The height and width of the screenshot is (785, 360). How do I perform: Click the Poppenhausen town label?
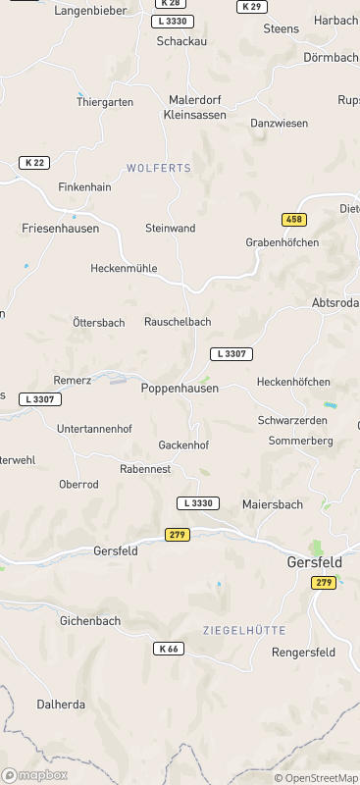[x=179, y=389]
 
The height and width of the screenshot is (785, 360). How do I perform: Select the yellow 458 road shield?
[x=293, y=220]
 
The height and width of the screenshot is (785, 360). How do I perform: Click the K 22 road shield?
[x=34, y=163]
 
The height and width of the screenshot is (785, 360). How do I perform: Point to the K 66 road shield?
[x=169, y=649]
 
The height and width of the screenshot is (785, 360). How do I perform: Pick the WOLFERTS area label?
[x=159, y=169]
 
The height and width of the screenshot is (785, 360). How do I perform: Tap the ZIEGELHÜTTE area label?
[x=244, y=629]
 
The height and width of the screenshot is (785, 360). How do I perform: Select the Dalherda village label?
[x=61, y=705]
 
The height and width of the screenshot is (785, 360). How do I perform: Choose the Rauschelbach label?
[x=178, y=322]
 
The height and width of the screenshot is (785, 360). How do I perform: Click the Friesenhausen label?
[x=60, y=228]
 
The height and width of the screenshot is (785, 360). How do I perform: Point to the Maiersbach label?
[x=273, y=504]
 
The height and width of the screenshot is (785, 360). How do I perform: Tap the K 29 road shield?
[x=251, y=7]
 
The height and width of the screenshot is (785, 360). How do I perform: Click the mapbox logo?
[x=35, y=775]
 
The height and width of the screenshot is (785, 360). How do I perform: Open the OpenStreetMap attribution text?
[x=316, y=778]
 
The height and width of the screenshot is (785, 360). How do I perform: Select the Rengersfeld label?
[x=303, y=652]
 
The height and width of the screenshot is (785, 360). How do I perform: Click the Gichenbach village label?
[x=90, y=621]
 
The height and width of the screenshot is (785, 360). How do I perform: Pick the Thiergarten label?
[x=104, y=101]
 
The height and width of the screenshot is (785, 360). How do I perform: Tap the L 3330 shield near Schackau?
[x=174, y=22]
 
